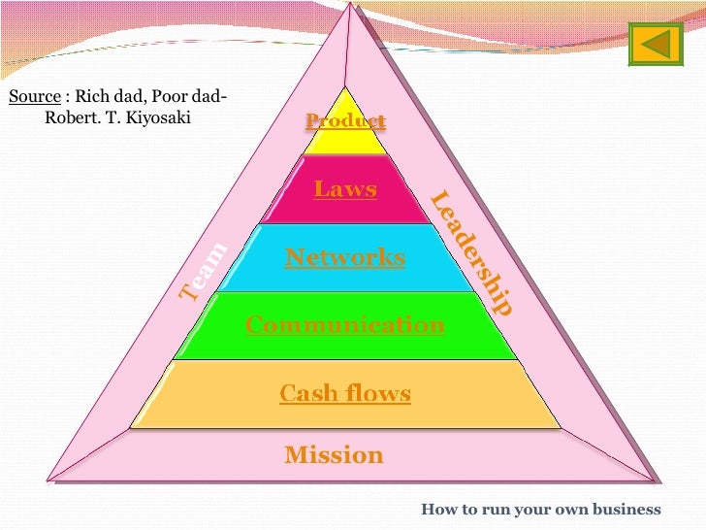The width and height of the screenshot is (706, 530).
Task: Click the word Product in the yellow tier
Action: (x=345, y=121)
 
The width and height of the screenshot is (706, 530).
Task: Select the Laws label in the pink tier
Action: (x=344, y=188)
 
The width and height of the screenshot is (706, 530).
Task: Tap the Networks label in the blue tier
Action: (x=344, y=257)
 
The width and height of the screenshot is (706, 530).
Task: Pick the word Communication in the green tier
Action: (x=344, y=324)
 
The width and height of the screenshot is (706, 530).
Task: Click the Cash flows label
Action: (x=344, y=393)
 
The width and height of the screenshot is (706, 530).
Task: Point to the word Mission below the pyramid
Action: (x=334, y=454)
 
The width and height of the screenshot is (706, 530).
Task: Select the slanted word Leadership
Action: (x=471, y=252)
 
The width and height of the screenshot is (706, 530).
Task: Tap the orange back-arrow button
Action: (x=657, y=44)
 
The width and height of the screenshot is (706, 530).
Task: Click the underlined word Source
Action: (x=34, y=97)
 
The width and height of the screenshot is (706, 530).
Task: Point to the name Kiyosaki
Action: (x=161, y=119)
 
